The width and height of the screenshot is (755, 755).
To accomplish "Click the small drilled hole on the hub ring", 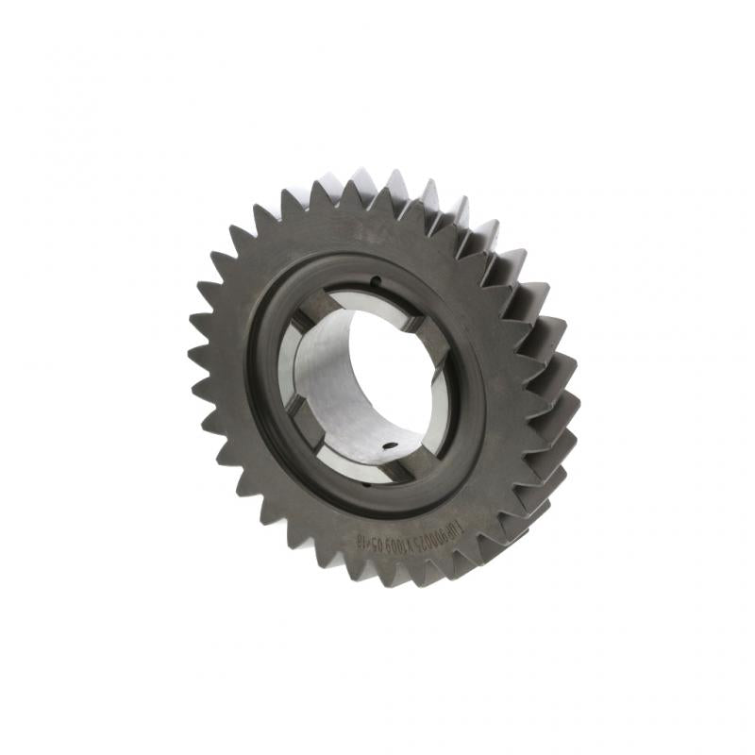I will tap(375, 278).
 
